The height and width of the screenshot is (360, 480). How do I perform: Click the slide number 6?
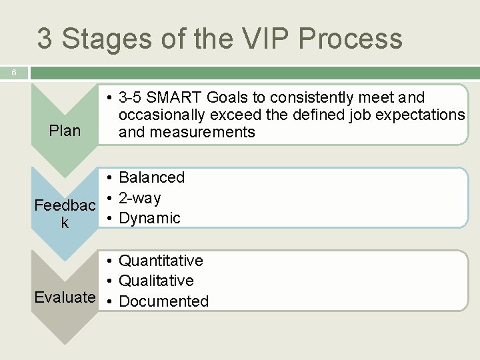click(x=13, y=72)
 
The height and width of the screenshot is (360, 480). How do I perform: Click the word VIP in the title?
click(x=263, y=39)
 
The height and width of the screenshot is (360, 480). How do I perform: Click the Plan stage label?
click(x=65, y=131)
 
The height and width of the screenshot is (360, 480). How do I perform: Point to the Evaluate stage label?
click(x=65, y=297)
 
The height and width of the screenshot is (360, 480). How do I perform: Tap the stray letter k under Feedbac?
click(x=65, y=223)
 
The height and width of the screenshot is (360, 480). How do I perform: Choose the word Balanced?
click(x=151, y=177)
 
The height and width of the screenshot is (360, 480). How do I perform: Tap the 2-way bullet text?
click(x=139, y=198)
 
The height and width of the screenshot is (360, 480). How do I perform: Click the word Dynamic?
click(x=149, y=218)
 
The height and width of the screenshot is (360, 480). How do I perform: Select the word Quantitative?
click(x=161, y=261)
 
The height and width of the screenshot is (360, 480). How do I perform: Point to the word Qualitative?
click(x=156, y=281)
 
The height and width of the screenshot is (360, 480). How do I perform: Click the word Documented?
click(x=163, y=301)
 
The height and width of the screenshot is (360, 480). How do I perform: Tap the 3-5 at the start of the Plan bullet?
click(x=131, y=98)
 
